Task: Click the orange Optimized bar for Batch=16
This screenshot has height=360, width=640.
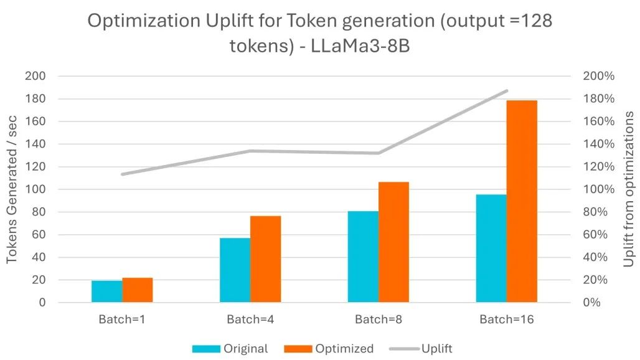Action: tap(522, 201)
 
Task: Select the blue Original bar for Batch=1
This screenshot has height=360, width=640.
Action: tap(107, 291)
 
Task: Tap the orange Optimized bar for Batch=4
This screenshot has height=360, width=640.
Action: tap(266, 259)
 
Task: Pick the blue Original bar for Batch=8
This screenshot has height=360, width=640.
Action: tap(363, 257)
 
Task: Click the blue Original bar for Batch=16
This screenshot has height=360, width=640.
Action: tap(491, 249)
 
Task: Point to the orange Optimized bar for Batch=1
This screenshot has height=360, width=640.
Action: tap(138, 290)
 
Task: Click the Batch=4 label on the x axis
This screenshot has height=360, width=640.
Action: tap(250, 320)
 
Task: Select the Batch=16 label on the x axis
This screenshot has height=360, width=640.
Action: tap(506, 320)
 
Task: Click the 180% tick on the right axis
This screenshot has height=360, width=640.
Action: tap(598, 99)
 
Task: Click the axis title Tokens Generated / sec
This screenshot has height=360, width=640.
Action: tap(12, 189)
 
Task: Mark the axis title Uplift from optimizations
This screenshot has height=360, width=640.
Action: tap(629, 189)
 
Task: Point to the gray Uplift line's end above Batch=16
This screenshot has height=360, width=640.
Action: tap(507, 91)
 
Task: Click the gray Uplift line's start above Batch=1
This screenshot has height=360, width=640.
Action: tap(123, 174)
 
